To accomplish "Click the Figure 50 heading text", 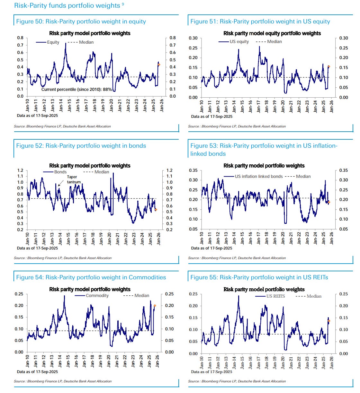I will coord(81,22).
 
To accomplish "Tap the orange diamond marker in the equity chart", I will coord(159,65).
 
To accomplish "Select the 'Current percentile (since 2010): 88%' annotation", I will coord(76,90).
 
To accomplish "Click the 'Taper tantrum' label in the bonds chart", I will coord(74,179).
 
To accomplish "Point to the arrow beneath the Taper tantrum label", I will coord(61,183).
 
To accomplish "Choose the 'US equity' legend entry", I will coord(239,42).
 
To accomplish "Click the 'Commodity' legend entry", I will coord(97,296).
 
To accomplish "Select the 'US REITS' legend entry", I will coord(275,296).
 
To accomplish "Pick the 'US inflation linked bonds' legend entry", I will coord(258,177).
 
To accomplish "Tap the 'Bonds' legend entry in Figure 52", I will coord(60,172).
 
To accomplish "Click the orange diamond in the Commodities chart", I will coord(155,306).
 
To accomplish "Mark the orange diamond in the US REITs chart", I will coord(328,321).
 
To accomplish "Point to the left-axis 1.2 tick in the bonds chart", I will coord(20,170).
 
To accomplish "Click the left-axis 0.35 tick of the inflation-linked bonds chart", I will coord(193,170).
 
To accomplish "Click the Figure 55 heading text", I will coord(259,277).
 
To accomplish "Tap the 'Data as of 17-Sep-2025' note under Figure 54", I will coord(37,372).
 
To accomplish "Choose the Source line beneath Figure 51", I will coord(237,127).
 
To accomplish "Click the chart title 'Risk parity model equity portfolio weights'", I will coord(272,33).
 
